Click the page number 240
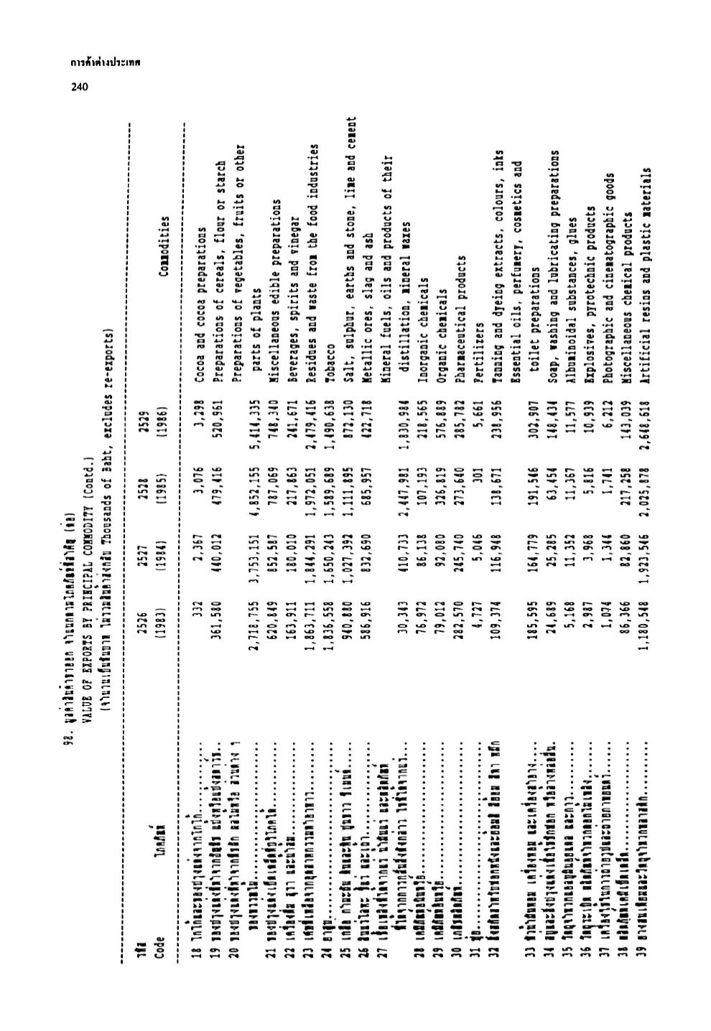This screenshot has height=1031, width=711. tap(79, 88)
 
